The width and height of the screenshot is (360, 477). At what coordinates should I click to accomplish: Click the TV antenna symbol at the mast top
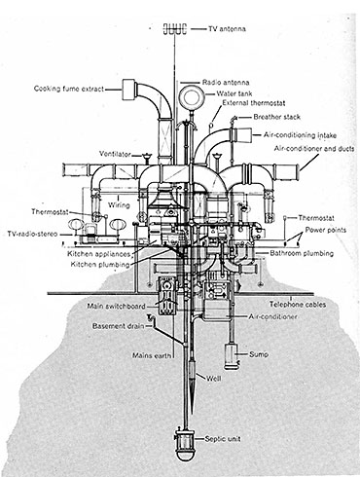[175, 29]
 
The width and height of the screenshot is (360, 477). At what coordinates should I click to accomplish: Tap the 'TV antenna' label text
[227, 29]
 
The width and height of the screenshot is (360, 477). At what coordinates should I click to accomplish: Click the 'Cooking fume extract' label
[69, 89]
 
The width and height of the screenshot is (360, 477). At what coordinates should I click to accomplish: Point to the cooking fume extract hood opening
[129, 90]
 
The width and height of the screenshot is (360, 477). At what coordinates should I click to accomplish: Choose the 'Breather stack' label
[276, 117]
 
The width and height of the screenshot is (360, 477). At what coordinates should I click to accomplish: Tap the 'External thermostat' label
[254, 103]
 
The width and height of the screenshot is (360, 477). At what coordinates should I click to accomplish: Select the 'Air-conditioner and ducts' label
[314, 149]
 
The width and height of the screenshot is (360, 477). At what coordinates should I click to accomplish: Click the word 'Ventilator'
[115, 154]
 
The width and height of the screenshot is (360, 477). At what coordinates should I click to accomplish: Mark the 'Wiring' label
[119, 205]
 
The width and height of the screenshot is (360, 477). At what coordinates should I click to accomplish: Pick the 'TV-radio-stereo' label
[32, 234]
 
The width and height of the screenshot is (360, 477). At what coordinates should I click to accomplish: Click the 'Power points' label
[326, 230]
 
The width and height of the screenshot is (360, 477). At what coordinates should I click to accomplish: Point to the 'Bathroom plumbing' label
[302, 253]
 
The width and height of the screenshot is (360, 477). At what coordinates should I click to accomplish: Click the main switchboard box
[167, 296]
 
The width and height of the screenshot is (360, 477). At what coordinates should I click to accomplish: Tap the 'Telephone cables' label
[298, 305]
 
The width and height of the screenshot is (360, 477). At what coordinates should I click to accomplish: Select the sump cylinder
[232, 356]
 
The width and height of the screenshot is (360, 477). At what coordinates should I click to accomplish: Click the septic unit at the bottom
[185, 443]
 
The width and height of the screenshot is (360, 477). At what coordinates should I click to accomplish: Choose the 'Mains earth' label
[152, 355]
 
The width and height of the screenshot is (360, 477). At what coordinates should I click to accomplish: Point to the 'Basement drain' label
[118, 326]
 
